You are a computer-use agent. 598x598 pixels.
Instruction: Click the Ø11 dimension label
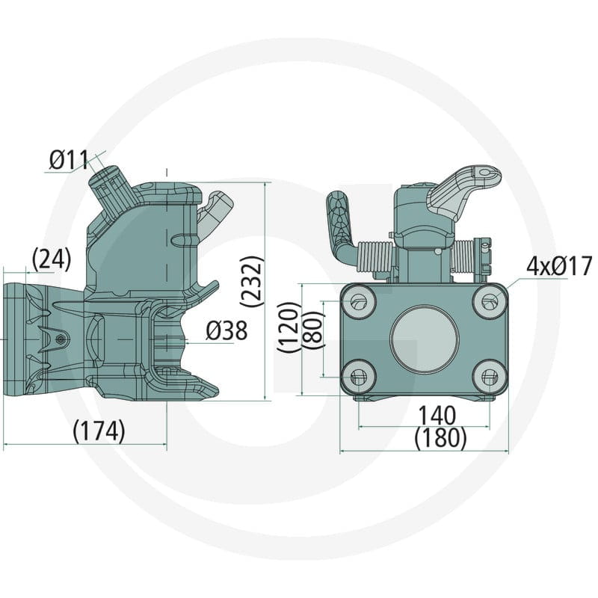[69, 160]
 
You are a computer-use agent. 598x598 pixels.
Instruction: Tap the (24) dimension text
[52, 259]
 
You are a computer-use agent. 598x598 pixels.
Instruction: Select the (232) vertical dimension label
[252, 282]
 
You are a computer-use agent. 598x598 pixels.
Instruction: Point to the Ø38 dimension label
[226, 330]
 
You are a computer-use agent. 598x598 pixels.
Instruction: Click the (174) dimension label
[99, 431]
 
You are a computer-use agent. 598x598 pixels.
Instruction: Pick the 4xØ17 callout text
[559, 266]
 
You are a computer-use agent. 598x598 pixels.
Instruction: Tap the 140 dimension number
[437, 415]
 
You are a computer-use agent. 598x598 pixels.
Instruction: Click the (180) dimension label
[440, 437]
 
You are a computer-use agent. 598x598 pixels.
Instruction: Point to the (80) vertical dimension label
[312, 329]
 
